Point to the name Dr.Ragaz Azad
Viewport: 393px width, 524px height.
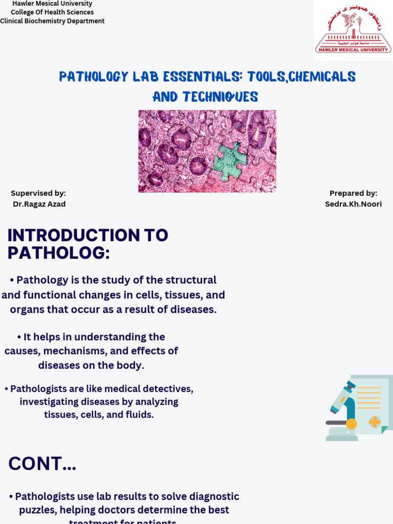click(39, 204)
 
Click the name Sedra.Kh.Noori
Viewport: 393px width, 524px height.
click(353, 204)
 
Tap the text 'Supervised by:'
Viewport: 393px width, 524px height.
click(38, 193)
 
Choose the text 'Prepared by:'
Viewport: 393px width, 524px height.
click(353, 193)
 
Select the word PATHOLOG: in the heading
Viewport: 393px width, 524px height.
click(58, 253)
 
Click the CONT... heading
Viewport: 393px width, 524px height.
click(42, 464)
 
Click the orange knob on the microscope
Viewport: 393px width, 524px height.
click(351, 424)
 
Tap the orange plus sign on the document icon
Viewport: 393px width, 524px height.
click(375, 422)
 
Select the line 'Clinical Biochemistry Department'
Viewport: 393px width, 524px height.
click(52, 21)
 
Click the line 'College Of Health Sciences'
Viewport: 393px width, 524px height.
click(52, 12)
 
